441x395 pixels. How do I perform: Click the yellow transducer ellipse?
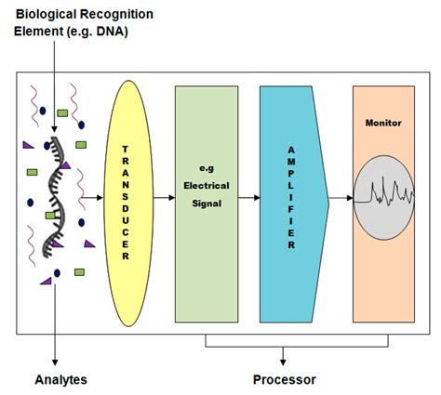coord(128,204)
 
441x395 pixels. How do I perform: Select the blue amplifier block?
coord(294,204)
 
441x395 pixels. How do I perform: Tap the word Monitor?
coord(383,123)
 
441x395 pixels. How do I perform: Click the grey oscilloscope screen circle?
coord(384,198)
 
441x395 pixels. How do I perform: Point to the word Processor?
coord(285,379)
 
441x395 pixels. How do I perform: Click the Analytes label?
coord(60,380)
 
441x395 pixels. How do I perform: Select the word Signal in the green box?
coord(207,204)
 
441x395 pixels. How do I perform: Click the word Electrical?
coord(207,186)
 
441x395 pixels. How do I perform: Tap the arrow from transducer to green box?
coord(164,197)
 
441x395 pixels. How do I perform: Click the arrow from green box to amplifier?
coord(249,197)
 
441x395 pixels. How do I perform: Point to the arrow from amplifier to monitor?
coord(341,198)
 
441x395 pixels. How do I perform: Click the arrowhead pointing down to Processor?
coord(283,362)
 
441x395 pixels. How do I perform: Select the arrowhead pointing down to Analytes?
coord(55,362)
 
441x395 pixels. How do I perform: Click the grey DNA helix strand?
coord(54,197)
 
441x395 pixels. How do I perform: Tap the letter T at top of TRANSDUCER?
coord(125,150)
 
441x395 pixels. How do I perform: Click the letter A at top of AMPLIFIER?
coord(291,150)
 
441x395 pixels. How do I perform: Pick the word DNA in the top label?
coord(111,32)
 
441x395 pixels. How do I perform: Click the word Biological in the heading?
coord(46,14)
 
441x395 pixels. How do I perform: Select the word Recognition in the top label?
coord(116,14)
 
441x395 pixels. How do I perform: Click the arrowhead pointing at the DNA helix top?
coord(54,129)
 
